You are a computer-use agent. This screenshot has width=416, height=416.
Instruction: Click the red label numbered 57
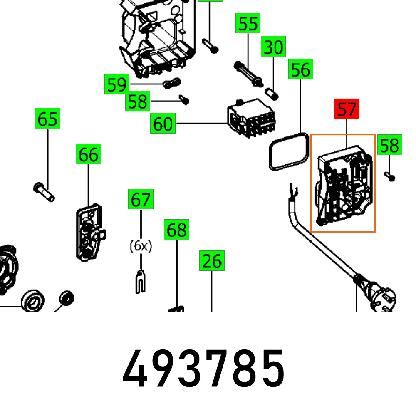pyautogui.click(x=347, y=110)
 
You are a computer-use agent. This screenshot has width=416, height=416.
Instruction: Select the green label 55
pyautogui.click(x=248, y=24)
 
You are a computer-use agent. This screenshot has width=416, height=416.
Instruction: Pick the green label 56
pyautogui.click(x=300, y=69)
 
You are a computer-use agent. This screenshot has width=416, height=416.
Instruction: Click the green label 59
pyautogui.click(x=117, y=85)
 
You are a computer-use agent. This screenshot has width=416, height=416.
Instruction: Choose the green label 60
pyautogui.click(x=163, y=124)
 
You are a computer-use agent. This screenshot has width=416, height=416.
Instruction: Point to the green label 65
pyautogui.click(x=47, y=119)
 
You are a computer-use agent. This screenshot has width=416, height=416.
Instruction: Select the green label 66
pyautogui.click(x=88, y=154)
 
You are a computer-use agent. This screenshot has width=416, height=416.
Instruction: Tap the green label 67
pyautogui.click(x=141, y=199)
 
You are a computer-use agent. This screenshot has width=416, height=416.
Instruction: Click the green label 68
pyautogui.click(x=176, y=230)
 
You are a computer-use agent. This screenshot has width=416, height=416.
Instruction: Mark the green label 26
pyautogui.click(x=212, y=261)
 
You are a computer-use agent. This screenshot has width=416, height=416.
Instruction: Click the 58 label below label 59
pyautogui.click(x=138, y=101)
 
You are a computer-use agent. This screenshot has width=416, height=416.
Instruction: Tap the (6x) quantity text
pyautogui.click(x=141, y=246)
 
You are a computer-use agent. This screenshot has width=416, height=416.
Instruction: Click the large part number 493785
pyautogui.click(x=204, y=369)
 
